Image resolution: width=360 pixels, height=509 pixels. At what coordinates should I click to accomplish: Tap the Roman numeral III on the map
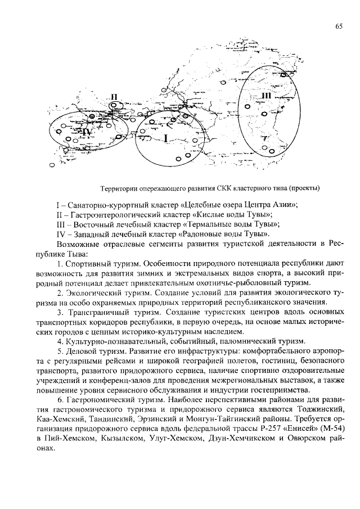click(265, 97)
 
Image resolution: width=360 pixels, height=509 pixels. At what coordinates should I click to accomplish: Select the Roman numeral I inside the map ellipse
click(166, 137)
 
